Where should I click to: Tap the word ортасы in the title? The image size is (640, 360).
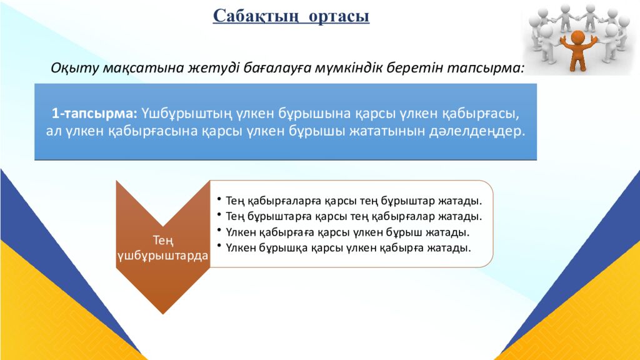pos(338,15)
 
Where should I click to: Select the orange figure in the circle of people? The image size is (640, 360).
pos(576,49)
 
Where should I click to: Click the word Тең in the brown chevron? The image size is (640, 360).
pos(162,240)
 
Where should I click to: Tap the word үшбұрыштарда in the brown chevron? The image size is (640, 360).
pos(162,256)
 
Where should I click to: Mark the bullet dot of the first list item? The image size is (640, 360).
pos(219,199)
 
